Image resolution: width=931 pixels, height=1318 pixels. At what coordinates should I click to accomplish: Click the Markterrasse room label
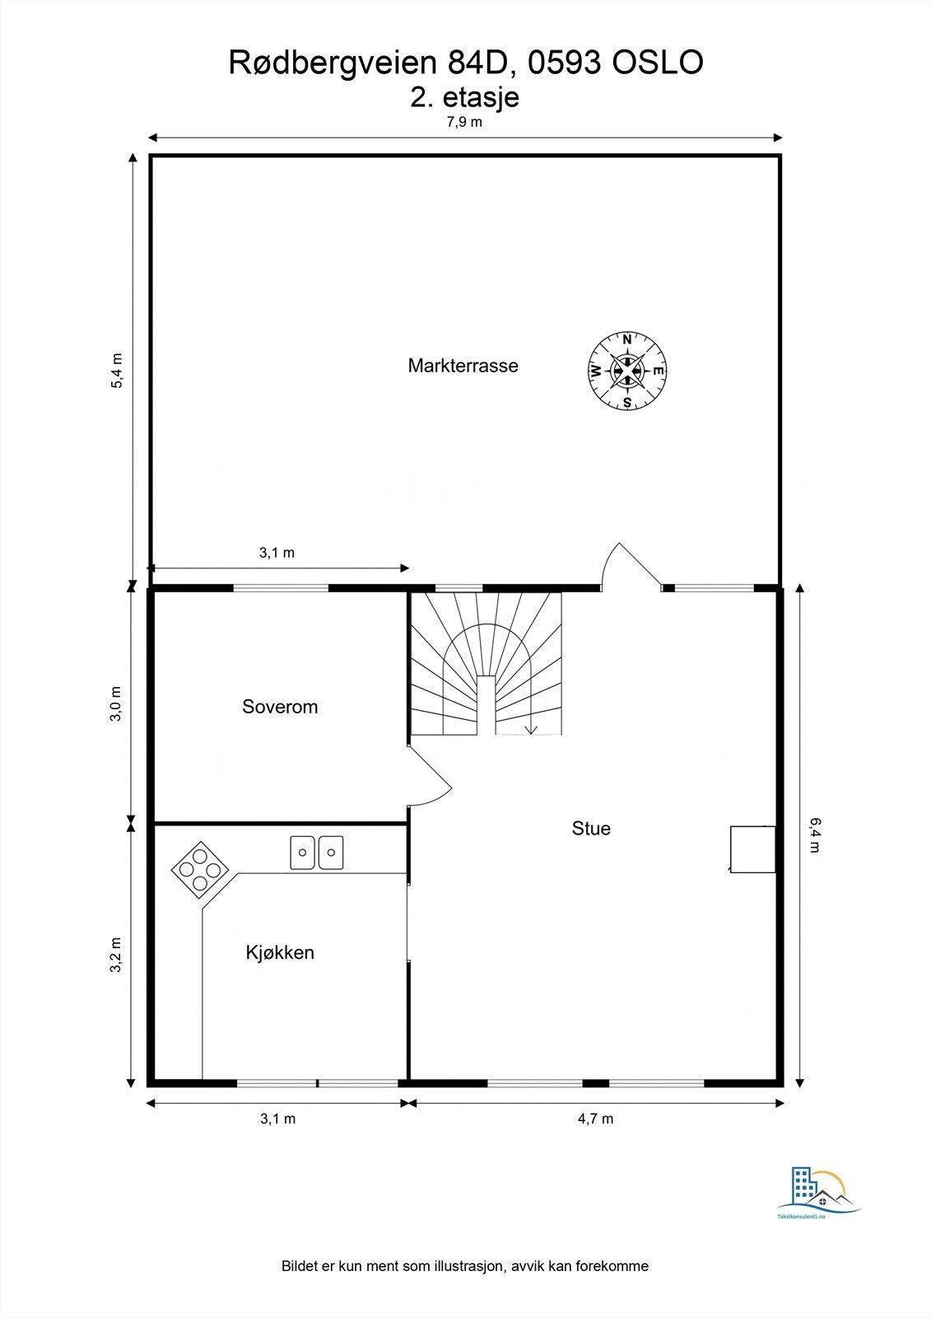pyautogui.click(x=463, y=366)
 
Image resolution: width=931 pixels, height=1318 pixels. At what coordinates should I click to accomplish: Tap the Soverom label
pyautogui.click(x=280, y=707)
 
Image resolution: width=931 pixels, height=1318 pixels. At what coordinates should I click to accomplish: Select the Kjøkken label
pyautogui.click(x=280, y=952)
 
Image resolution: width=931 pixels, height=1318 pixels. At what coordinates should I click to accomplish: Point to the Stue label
pyautogui.click(x=591, y=829)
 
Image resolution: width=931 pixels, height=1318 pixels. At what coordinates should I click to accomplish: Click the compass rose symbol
pyautogui.click(x=627, y=371)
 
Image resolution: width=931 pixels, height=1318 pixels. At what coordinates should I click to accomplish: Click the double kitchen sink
pyautogui.click(x=316, y=853)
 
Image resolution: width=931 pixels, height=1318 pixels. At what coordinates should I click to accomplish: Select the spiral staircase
pyautogui.click(x=486, y=664)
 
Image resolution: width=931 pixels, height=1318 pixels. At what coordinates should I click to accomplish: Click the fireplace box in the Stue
pyautogui.click(x=753, y=849)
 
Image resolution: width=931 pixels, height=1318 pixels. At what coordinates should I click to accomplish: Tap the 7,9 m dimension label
pyautogui.click(x=464, y=123)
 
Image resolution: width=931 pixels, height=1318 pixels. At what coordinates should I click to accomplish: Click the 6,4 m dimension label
pyautogui.click(x=814, y=835)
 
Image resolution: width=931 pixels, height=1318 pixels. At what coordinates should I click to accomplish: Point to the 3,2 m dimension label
pyautogui.click(x=115, y=955)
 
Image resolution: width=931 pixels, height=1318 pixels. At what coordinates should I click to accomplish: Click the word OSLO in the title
pyautogui.click(x=658, y=63)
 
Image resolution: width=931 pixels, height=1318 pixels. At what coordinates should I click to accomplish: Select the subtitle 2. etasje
pyautogui.click(x=464, y=98)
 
